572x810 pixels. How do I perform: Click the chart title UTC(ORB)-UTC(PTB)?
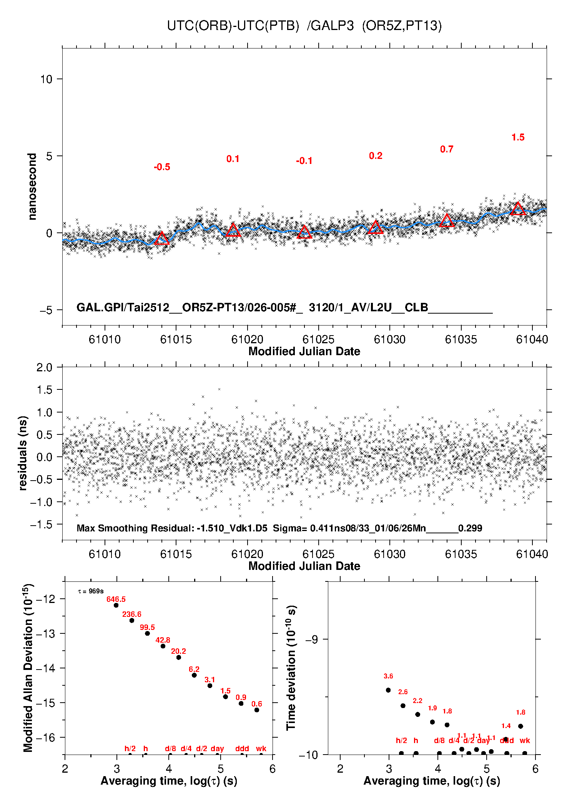point(233,26)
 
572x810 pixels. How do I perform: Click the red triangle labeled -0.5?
point(161,239)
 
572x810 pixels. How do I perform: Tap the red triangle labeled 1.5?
point(518,209)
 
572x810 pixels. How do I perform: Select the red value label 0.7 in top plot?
point(447,149)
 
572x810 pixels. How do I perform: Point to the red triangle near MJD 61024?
point(304,232)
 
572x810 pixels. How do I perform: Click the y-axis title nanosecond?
point(32,187)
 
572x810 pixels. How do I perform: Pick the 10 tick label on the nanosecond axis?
point(46,79)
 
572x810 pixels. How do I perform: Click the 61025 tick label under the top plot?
point(318,339)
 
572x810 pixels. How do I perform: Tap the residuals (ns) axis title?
point(23,453)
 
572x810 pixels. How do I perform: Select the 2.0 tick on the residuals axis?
point(44,367)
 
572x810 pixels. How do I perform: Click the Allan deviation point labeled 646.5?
point(116,605)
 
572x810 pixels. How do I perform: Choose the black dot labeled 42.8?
point(163,646)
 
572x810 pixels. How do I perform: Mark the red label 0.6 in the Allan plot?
point(257,704)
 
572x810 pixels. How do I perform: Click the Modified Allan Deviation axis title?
point(28,668)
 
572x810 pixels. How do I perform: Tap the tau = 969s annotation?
point(91,591)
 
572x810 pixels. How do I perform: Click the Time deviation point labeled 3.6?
point(388,690)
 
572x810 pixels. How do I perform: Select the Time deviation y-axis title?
point(291,668)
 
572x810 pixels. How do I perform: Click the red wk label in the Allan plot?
point(261,748)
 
